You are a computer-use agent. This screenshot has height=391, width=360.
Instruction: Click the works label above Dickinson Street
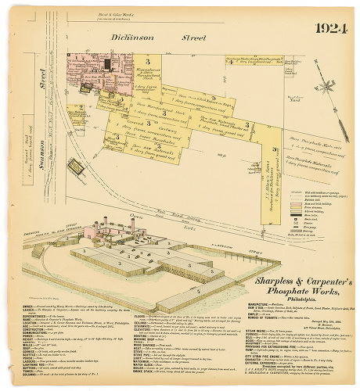click(149, 16)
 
